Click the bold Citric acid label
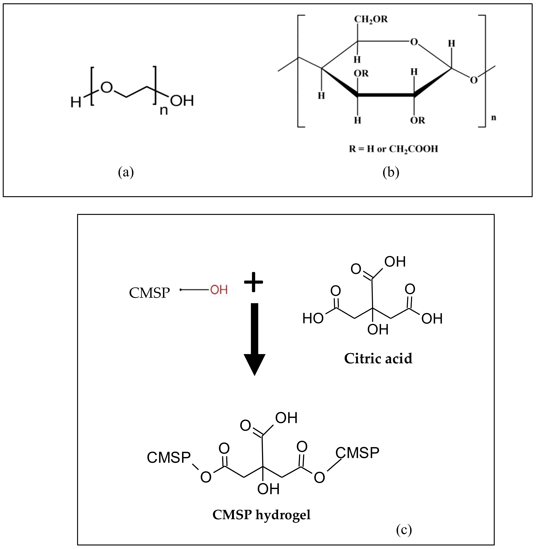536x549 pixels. (x=378, y=358)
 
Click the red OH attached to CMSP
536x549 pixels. (x=219, y=290)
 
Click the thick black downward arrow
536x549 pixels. (x=254, y=338)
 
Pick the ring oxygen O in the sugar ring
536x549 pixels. (x=414, y=42)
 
